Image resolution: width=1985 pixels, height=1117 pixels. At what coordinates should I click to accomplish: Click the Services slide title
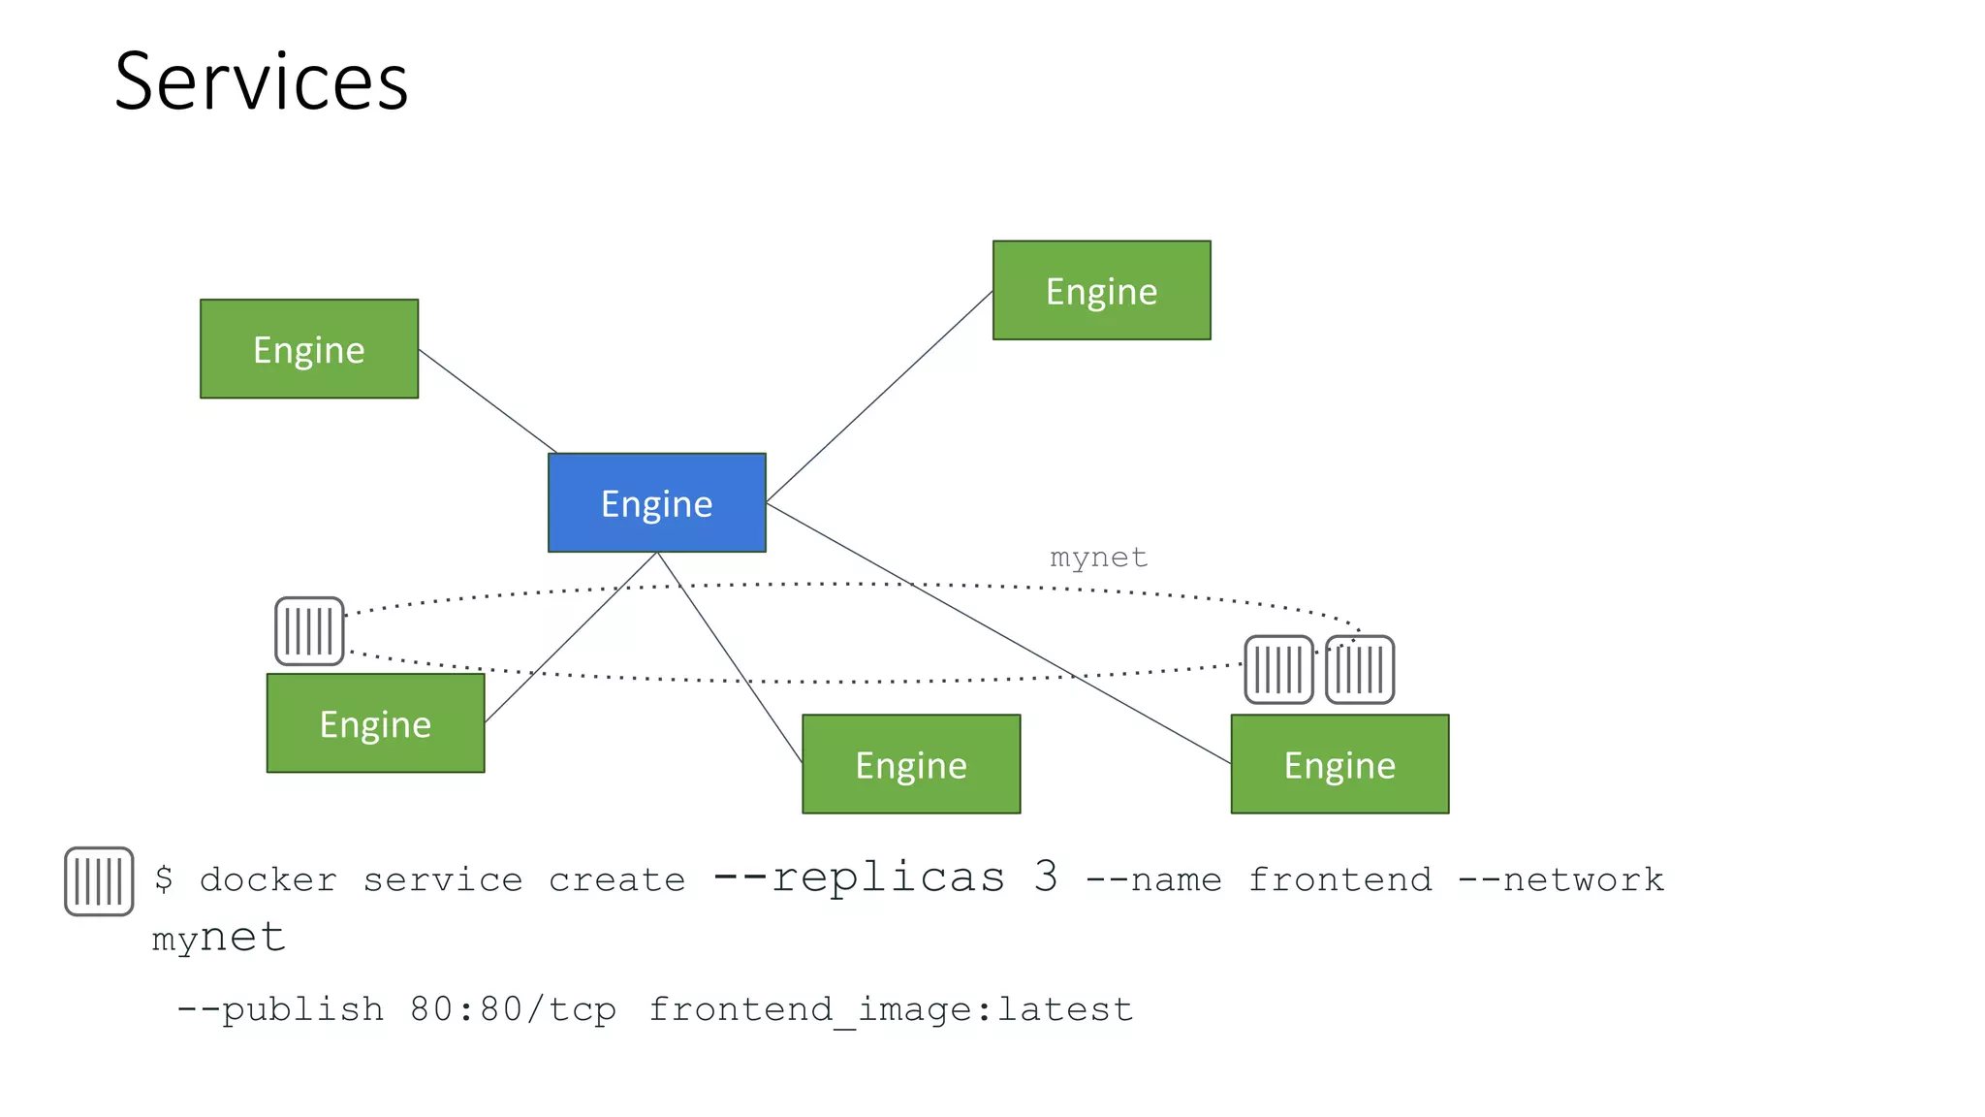click(261, 82)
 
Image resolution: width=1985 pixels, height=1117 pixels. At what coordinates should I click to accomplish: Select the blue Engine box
click(656, 502)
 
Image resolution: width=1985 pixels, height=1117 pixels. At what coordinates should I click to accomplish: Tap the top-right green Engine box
click(1101, 290)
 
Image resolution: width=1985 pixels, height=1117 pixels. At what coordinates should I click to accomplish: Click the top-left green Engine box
click(308, 348)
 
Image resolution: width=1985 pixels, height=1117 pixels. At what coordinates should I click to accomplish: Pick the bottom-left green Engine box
click(375, 722)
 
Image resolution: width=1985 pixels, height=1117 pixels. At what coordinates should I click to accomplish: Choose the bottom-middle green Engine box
click(910, 764)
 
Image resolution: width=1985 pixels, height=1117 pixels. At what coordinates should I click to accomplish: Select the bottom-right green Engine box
click(1339, 764)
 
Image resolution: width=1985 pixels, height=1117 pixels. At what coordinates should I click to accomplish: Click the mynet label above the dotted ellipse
click(1098, 558)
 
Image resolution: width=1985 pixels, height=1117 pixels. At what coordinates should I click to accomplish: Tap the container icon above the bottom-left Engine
click(309, 631)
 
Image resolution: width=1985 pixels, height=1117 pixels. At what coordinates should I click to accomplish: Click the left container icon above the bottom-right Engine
click(1278, 669)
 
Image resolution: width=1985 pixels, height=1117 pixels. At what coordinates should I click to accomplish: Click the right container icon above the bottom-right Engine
click(1359, 669)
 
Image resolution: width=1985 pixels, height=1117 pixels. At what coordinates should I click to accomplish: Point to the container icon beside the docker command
click(99, 880)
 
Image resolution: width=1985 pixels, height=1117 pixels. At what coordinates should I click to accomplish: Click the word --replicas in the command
click(859, 878)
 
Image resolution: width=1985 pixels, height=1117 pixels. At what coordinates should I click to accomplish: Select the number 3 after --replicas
click(1045, 878)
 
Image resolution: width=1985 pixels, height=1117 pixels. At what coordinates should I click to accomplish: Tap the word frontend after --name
click(1339, 879)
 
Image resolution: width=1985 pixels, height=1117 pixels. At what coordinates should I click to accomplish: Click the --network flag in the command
click(1560, 879)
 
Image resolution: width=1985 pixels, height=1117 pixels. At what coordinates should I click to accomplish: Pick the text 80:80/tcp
click(513, 1009)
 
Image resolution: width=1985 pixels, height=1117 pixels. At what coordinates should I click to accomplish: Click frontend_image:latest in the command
click(890, 1009)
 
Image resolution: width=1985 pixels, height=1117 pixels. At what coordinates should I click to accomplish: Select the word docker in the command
click(268, 879)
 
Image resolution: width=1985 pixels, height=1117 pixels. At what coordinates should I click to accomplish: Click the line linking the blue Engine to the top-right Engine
click(879, 396)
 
